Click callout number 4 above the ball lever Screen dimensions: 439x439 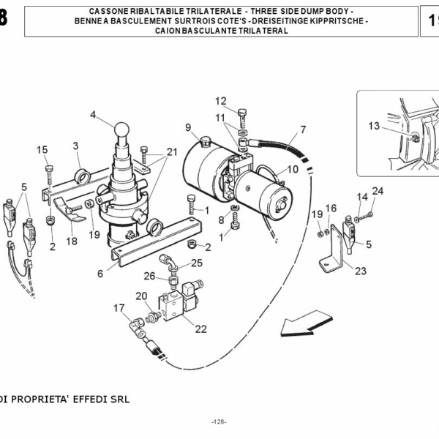click(x=93, y=114)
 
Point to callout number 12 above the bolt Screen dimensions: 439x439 click(x=220, y=101)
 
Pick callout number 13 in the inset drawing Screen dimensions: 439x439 click(x=374, y=126)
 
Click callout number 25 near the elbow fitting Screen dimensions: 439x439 click(x=198, y=263)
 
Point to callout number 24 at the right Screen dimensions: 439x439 click(x=378, y=191)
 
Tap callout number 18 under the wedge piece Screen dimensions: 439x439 click(x=72, y=241)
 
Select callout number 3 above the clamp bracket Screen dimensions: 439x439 click(x=75, y=146)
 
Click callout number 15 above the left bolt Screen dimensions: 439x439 click(x=42, y=150)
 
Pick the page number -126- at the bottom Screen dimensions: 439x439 click(x=219, y=422)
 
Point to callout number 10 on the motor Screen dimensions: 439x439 click(x=293, y=169)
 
